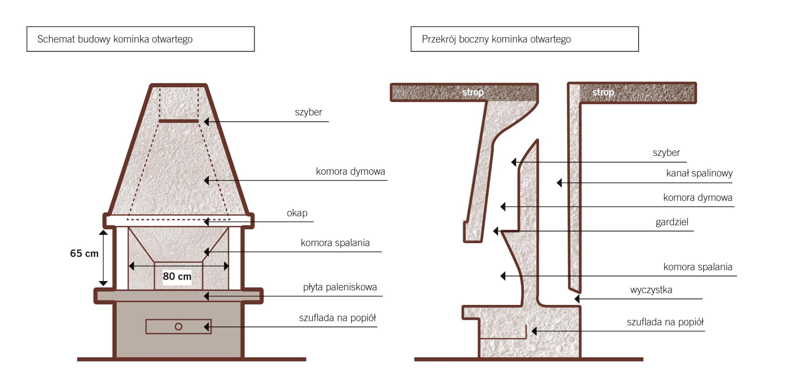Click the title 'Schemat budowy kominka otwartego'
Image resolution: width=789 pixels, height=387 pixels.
click(115, 39)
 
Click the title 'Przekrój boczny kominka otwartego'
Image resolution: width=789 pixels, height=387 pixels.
click(496, 39)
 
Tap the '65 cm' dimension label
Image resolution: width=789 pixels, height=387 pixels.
click(84, 253)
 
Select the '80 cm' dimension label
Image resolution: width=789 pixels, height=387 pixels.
click(177, 276)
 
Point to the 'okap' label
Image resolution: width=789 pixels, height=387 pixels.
click(297, 213)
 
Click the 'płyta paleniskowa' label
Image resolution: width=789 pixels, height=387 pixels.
click(340, 287)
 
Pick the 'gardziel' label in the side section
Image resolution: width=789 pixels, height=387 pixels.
click(672, 222)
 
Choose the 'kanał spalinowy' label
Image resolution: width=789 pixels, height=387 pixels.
click(699, 173)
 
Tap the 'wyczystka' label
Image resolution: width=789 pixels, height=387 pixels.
click(651, 290)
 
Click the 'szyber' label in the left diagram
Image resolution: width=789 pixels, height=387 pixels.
click(308, 112)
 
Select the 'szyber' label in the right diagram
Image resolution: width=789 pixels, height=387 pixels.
click(666, 153)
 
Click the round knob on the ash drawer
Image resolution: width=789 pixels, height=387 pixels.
click(178, 327)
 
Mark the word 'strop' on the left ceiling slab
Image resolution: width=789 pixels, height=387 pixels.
click(473, 92)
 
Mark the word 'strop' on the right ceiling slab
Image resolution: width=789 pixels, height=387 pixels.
click(603, 92)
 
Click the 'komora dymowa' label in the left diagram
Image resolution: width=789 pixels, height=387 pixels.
click(350, 171)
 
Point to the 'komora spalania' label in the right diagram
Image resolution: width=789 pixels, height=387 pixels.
click(698, 267)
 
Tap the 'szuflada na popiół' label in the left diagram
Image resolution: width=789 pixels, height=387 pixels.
click(337, 318)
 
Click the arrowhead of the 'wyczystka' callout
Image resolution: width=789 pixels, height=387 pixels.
click(577, 299)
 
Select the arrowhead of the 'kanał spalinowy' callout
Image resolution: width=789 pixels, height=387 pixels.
click(559, 183)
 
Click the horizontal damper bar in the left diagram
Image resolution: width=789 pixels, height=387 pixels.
click(179, 121)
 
